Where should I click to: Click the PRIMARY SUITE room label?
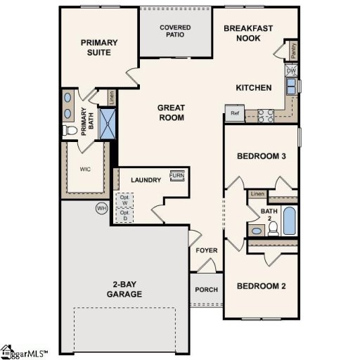pyautogui.click(x=98, y=47)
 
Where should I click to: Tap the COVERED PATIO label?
pyautogui.click(x=175, y=31)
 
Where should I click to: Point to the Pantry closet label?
pyautogui.click(x=292, y=51)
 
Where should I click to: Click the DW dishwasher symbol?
pyautogui.click(x=290, y=70)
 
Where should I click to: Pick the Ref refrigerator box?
pyautogui.click(x=234, y=112)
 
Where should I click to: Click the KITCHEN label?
pyautogui.click(x=253, y=88)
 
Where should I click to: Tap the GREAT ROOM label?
pyautogui.click(x=171, y=112)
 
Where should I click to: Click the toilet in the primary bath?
pyautogui.click(x=70, y=131)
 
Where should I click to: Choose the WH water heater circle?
pyautogui.click(x=102, y=209)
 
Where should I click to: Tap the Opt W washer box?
pyautogui.click(x=124, y=200)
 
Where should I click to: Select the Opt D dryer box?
pyautogui.click(x=124, y=216)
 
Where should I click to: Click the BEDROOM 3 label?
pyautogui.click(x=261, y=156)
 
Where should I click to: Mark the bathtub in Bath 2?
pyautogui.click(x=289, y=222)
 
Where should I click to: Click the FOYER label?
pyautogui.click(x=207, y=250)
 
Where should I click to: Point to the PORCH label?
pyautogui.click(x=207, y=290)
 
